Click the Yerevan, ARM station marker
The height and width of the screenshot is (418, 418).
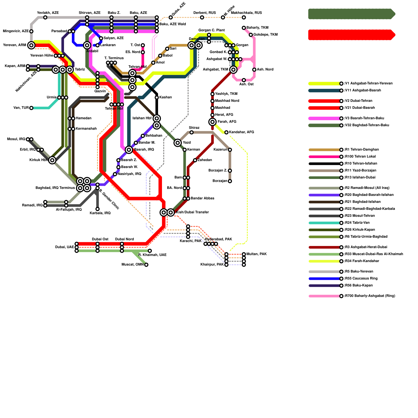tap(31, 45)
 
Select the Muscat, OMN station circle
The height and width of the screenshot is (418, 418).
tap(146, 265)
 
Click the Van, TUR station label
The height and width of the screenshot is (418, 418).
tap(21, 108)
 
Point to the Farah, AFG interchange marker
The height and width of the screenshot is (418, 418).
tap(213, 122)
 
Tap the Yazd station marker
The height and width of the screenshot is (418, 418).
tap(178, 143)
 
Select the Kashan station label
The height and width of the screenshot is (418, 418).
tap(165, 97)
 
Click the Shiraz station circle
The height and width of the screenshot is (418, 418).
tap(191, 132)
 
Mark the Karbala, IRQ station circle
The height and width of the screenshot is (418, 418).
tap(97, 209)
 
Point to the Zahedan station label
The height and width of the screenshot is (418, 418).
tap(205, 160)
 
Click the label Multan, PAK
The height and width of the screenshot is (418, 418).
tap(257, 254)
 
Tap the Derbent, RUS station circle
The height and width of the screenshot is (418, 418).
tap(202, 18)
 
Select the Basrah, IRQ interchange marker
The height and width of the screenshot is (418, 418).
tap(129, 150)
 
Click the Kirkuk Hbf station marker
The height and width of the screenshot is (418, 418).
tap(52, 160)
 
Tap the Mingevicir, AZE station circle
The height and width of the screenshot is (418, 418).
tap(31, 31)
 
